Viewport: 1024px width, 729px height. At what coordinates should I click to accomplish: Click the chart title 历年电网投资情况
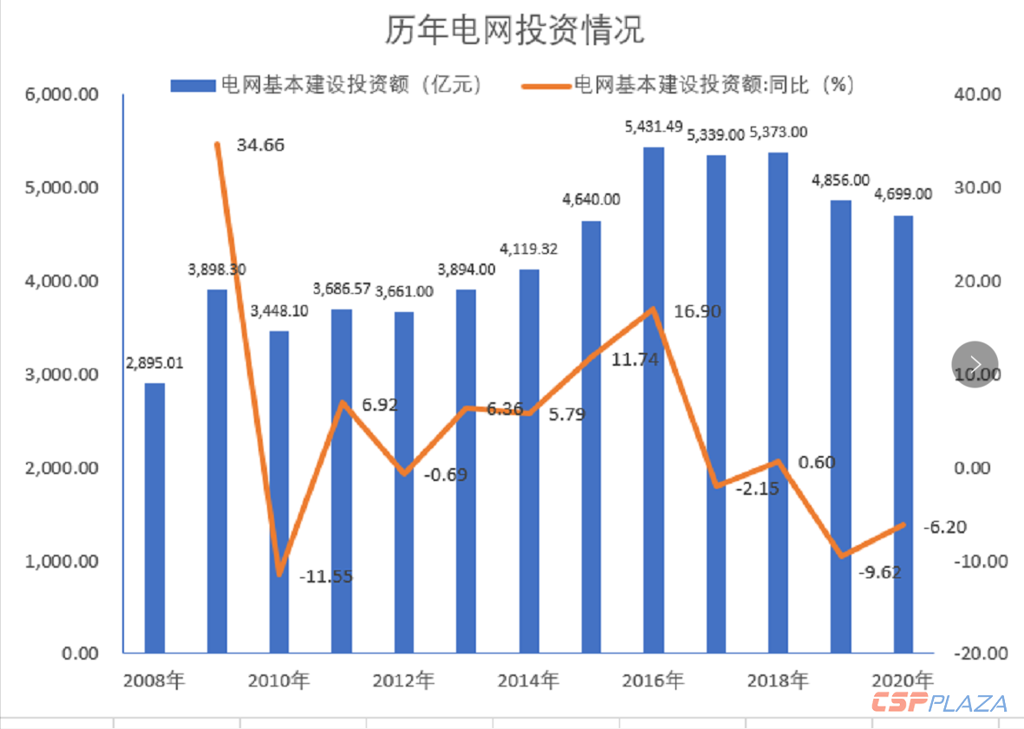[x=515, y=31]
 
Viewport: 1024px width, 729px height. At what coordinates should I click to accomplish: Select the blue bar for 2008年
[x=154, y=517]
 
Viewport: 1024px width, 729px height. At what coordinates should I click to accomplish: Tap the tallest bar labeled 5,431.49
[x=654, y=400]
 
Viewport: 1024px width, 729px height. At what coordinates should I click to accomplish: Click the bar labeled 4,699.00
[x=903, y=433]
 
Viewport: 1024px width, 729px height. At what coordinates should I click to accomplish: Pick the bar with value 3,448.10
[x=279, y=491]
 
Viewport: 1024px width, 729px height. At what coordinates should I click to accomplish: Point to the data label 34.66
[x=260, y=145]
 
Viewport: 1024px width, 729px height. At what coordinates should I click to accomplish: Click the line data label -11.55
[x=326, y=576]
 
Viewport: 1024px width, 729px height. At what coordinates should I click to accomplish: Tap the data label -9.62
[x=877, y=571]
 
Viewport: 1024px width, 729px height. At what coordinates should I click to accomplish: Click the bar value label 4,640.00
[x=591, y=199]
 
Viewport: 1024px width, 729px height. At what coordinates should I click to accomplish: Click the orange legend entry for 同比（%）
[x=689, y=84]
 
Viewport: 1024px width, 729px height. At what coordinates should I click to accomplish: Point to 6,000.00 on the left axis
[x=62, y=94]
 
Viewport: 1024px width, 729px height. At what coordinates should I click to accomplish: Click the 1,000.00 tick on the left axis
[x=62, y=561]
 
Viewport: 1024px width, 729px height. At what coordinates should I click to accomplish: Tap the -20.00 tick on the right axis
[x=976, y=654]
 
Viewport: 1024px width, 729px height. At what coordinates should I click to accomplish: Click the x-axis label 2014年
[x=528, y=680]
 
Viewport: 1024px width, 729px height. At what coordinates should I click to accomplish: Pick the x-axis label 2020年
[x=902, y=680]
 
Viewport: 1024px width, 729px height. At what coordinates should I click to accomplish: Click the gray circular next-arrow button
[x=975, y=363]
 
